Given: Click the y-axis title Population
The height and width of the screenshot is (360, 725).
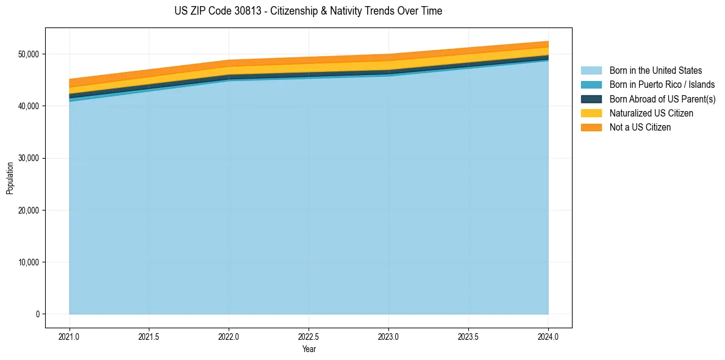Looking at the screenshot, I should (10, 178).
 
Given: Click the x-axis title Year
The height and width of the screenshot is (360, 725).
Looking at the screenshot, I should (309, 349).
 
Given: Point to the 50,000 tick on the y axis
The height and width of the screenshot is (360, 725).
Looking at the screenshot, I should (28, 54).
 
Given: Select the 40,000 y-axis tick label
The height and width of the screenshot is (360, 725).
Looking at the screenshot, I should (28, 106).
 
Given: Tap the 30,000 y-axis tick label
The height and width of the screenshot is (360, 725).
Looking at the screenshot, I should (28, 158).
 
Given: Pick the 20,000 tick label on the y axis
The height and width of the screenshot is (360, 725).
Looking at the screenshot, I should (28, 211).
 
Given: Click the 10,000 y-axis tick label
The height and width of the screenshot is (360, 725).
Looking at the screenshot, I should (28, 262).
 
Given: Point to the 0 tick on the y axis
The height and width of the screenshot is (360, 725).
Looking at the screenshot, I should (37, 314).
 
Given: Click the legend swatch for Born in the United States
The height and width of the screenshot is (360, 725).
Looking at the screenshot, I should (591, 71).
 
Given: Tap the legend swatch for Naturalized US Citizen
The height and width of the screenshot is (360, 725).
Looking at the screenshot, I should (591, 113).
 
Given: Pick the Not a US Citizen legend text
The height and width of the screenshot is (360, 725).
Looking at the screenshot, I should (640, 128).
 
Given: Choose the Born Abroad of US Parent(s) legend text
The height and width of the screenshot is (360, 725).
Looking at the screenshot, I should (662, 99).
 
